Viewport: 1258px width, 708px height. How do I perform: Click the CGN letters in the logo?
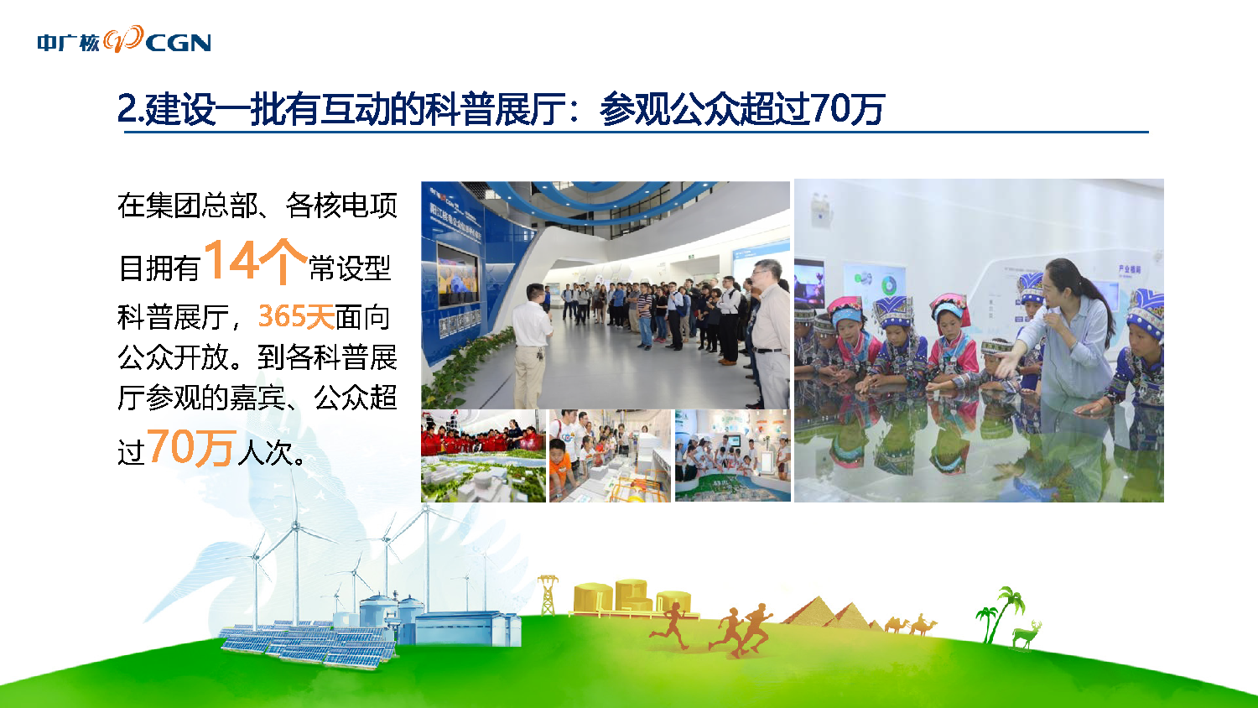pyautogui.click(x=179, y=43)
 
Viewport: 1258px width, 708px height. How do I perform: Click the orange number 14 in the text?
pyautogui.click(x=231, y=259)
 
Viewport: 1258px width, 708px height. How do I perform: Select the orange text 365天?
pyautogui.click(x=296, y=316)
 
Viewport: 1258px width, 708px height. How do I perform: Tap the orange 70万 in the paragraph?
pyautogui.click(x=190, y=448)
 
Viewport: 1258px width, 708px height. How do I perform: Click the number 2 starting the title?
pyautogui.click(x=128, y=108)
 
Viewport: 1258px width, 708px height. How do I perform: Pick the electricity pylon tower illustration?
pyautogui.click(x=548, y=595)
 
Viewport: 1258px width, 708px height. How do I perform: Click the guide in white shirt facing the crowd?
pyautogui.click(x=531, y=346)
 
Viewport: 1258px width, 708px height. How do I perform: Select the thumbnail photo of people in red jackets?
pyautogui.click(x=483, y=456)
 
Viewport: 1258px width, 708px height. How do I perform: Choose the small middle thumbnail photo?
pyautogui.click(x=610, y=456)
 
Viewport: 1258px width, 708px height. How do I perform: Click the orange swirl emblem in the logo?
pyautogui.click(x=123, y=39)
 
